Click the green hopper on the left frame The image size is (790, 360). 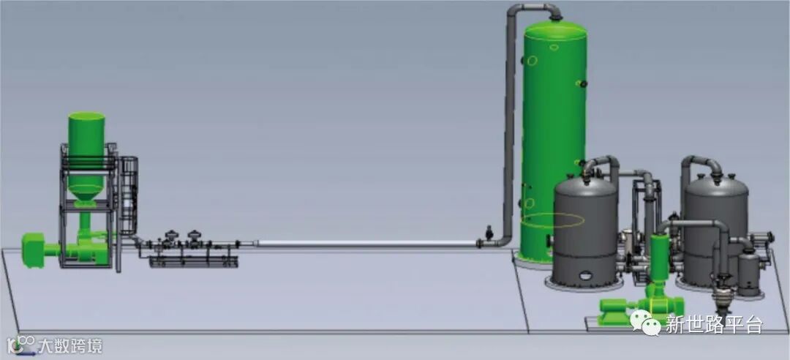click(86, 157)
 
